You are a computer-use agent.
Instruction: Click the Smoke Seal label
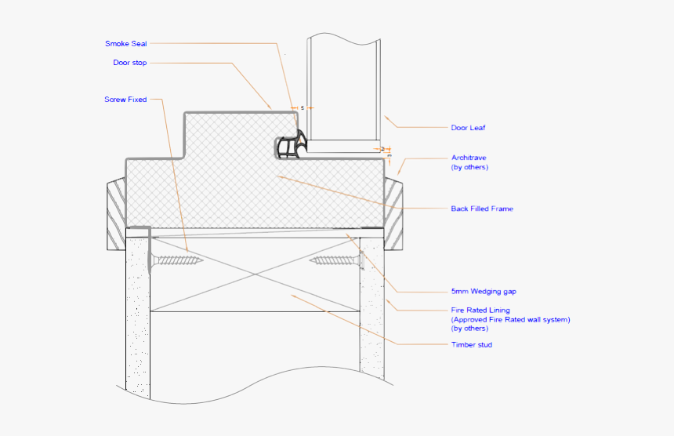pyautogui.click(x=126, y=43)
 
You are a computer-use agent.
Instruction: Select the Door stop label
pyautogui.click(x=130, y=63)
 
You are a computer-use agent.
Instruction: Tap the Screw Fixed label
pyautogui.click(x=125, y=100)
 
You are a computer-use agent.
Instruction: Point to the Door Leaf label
pyautogui.click(x=468, y=127)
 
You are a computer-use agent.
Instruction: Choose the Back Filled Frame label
pyautogui.click(x=482, y=209)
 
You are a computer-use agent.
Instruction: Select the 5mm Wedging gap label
pyautogui.click(x=484, y=291)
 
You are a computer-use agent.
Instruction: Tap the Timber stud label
pyautogui.click(x=472, y=344)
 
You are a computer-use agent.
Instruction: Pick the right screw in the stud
pyautogui.click(x=335, y=260)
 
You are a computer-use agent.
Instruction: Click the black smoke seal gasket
pyautogui.click(x=291, y=147)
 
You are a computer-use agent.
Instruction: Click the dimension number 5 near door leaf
pyautogui.click(x=302, y=107)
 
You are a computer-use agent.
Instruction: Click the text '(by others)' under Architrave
pyautogui.click(x=469, y=167)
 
